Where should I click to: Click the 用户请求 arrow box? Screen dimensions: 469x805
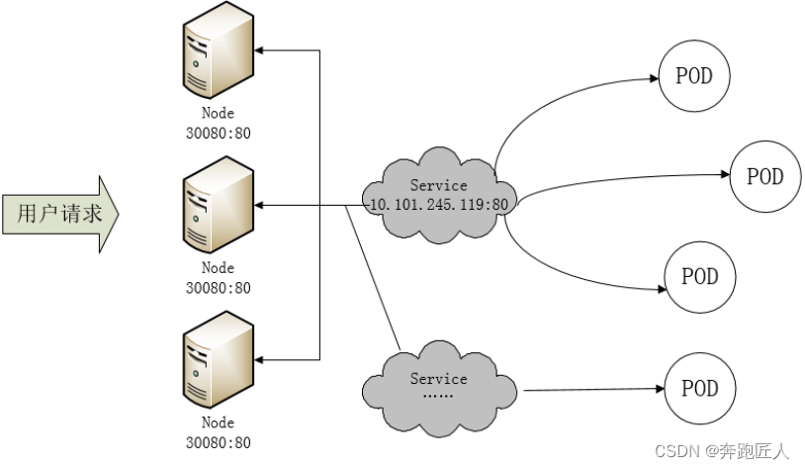59,213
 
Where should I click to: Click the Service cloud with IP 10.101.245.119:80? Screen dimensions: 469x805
438,194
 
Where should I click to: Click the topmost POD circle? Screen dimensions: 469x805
694,76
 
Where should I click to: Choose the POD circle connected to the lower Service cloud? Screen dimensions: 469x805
699,388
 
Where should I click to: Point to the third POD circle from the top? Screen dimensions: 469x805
699,276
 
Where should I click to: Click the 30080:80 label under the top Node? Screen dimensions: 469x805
218,134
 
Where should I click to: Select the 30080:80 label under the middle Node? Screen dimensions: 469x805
218,288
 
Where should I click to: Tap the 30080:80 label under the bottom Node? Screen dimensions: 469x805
218,442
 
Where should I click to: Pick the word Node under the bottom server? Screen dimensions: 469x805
218,422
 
